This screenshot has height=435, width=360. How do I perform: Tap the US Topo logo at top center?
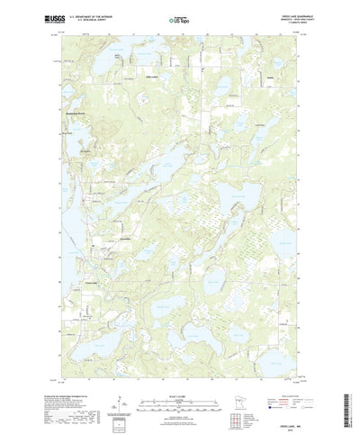tap(179, 17)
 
